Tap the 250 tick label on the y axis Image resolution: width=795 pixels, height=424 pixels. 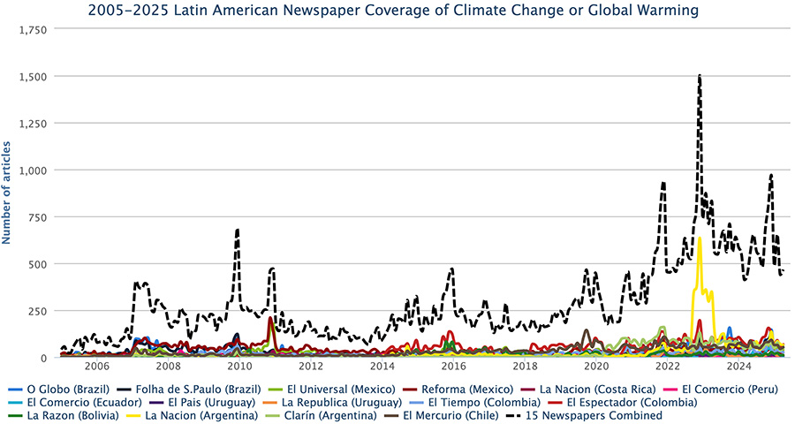tap(38, 311)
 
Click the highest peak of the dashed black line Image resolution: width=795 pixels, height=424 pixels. tap(700, 77)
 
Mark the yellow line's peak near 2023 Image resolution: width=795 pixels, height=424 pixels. tap(699, 238)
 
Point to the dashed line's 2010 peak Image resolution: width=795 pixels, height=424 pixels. tap(238, 230)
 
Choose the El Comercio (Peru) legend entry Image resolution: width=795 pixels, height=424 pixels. tap(699, 390)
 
